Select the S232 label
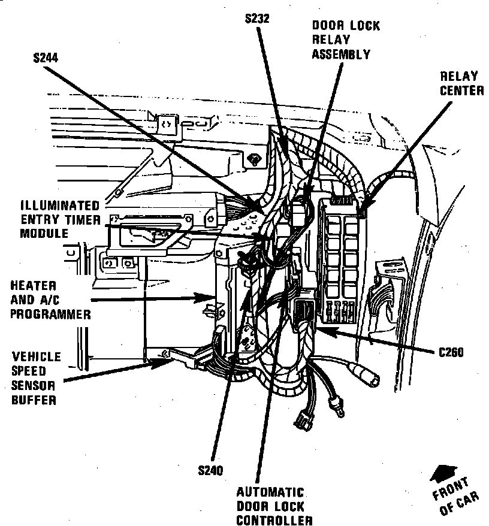point(257,19)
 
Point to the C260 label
point(451,352)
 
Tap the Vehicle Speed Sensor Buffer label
point(37,378)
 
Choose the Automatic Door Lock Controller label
point(270,506)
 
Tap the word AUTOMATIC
point(270,492)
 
